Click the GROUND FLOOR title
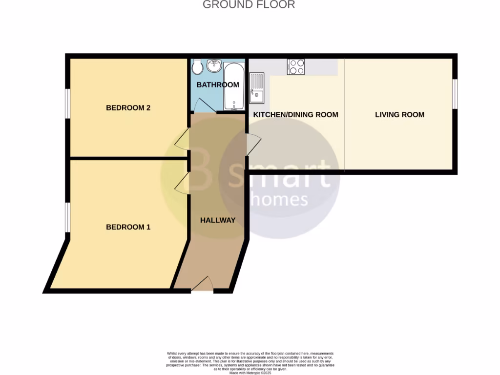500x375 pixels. coord(249,5)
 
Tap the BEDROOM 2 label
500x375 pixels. coord(128,108)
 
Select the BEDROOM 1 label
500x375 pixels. coord(128,227)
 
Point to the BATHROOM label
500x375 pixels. coord(218,85)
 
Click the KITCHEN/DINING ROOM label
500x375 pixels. coord(295,115)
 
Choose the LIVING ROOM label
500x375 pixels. coord(399,115)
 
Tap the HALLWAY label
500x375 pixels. coord(218,220)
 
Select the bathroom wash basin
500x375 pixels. coord(213,65)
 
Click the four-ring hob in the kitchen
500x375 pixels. coord(296,66)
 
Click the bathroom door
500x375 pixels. coord(203,105)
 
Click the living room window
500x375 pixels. coord(454,94)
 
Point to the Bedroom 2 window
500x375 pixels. coord(68,103)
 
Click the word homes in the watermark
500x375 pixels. coord(279,199)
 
